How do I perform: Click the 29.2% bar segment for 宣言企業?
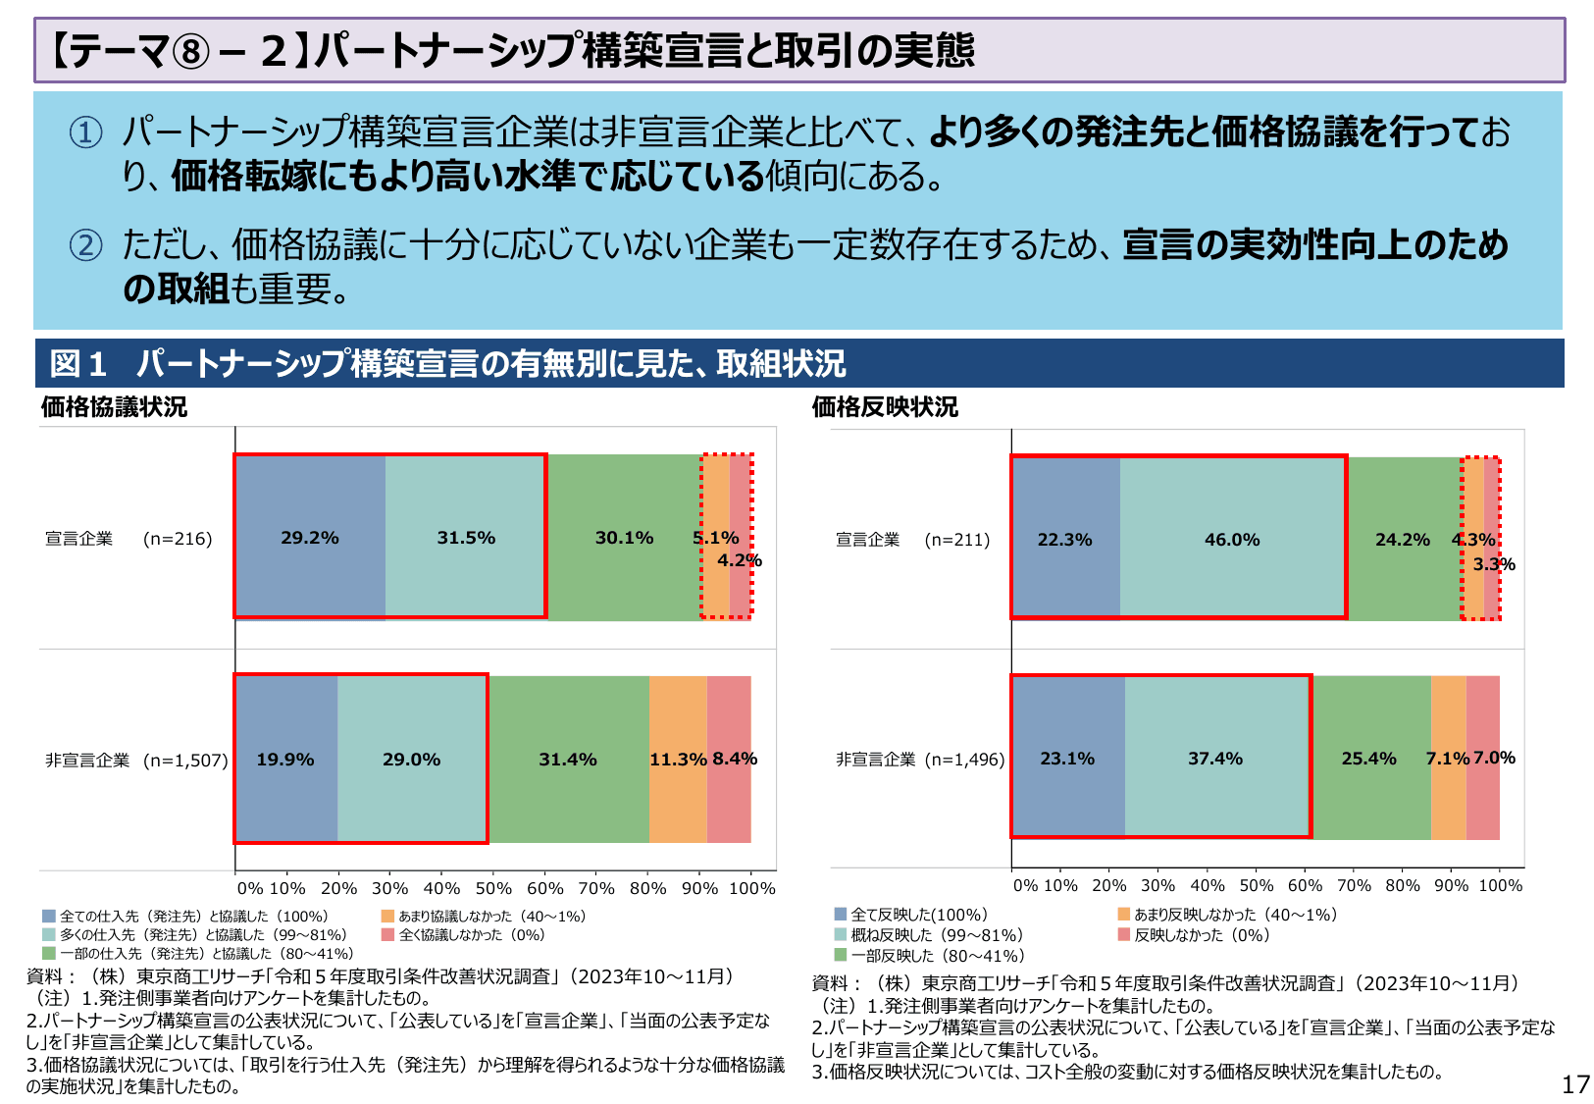(310, 537)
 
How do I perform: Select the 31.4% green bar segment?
(568, 759)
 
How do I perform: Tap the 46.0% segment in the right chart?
(1232, 539)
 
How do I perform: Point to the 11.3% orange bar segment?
(678, 759)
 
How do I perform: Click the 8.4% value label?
(735, 759)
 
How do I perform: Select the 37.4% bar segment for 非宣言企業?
(1215, 758)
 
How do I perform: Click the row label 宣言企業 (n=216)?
(129, 539)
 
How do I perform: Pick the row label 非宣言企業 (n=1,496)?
(920, 760)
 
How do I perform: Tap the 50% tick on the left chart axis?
(493, 888)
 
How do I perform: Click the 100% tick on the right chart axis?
(1500, 885)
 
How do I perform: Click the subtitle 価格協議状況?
(114, 407)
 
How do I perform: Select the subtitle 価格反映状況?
(885, 407)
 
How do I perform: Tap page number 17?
(1575, 1084)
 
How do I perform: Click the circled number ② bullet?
(85, 245)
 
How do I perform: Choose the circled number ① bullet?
(85, 132)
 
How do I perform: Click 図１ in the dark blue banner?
(78, 364)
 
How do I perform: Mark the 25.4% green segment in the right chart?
(1368, 758)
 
